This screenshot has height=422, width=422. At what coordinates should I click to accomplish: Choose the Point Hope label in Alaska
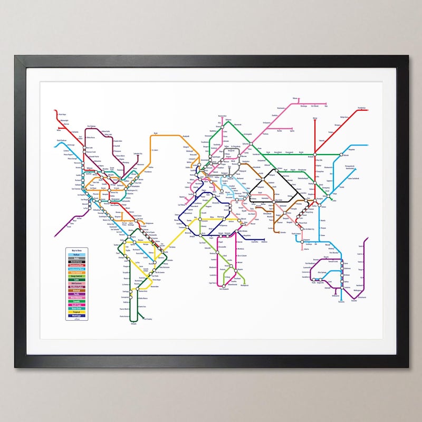(x=61, y=114)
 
